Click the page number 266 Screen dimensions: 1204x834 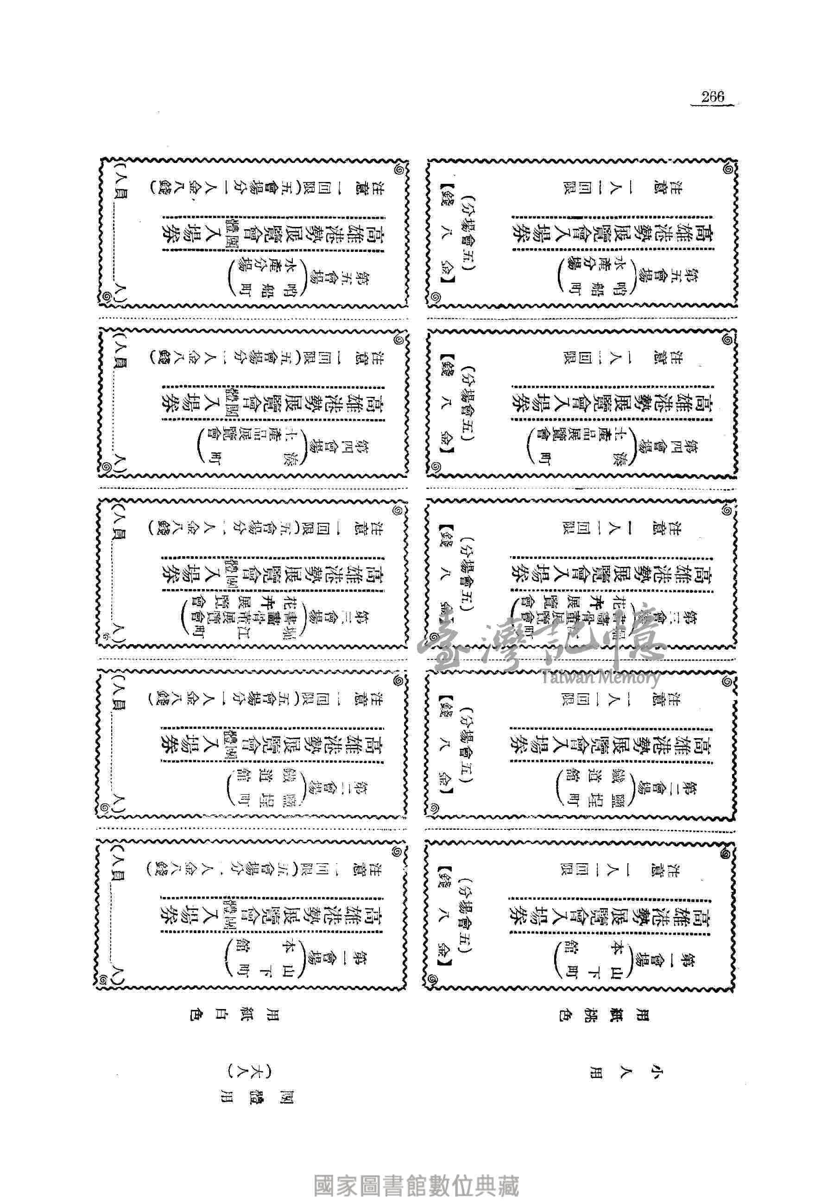713,97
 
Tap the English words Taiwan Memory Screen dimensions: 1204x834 601,677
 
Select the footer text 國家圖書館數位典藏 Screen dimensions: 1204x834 417,1171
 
